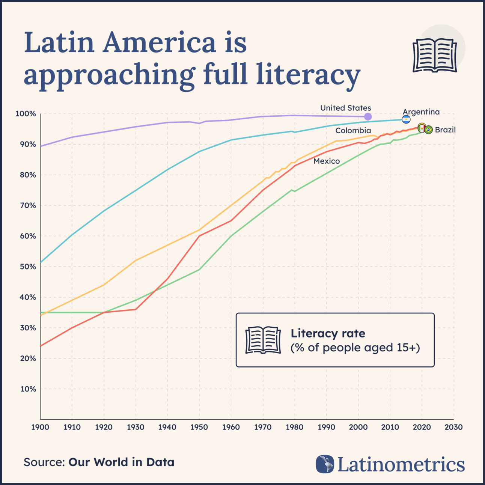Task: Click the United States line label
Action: click(x=345, y=108)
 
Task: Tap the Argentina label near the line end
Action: click(x=421, y=112)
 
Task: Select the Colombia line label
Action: click(x=353, y=131)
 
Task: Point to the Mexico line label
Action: click(x=327, y=161)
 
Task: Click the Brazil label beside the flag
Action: click(x=445, y=130)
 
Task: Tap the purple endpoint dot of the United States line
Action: click(x=368, y=117)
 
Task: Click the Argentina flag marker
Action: click(x=406, y=119)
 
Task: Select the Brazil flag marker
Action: click(x=428, y=130)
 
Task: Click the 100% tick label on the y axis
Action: click(x=26, y=114)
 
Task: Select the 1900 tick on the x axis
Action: click(x=40, y=427)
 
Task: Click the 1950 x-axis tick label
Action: click(x=199, y=427)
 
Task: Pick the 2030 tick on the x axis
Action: click(x=453, y=427)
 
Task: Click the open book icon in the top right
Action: click(x=435, y=56)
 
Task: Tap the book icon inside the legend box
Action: click(x=263, y=340)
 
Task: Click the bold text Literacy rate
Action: click(x=328, y=333)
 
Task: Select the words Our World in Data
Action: click(x=121, y=462)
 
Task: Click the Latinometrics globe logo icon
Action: click(x=325, y=464)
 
